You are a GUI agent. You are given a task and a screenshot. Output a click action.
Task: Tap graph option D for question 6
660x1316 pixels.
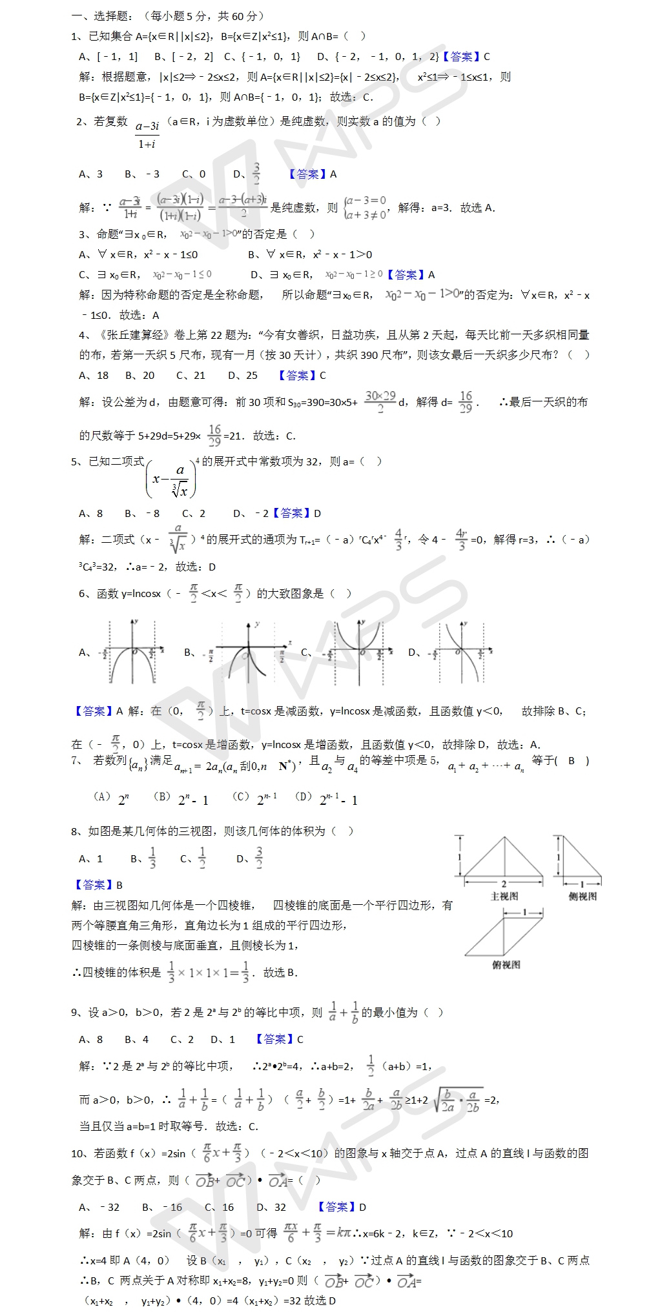coord(461,651)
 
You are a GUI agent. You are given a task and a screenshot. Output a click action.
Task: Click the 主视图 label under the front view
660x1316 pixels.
coord(504,896)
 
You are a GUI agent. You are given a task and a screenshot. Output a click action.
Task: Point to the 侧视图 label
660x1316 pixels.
coord(583,896)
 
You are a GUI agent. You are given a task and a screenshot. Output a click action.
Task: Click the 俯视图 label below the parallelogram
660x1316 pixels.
coord(506,965)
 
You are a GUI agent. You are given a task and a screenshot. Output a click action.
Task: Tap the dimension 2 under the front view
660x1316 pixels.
coord(504,884)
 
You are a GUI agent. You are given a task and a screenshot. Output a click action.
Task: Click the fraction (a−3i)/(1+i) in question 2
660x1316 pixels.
coord(147,134)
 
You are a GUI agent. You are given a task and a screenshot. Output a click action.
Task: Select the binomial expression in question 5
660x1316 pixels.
coord(172,479)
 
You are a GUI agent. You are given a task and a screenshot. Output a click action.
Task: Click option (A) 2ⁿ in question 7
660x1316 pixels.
coord(112,799)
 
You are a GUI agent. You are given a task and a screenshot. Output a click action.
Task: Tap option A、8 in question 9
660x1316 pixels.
coord(90,1039)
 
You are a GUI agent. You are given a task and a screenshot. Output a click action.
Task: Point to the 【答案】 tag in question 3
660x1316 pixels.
coord(406,274)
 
